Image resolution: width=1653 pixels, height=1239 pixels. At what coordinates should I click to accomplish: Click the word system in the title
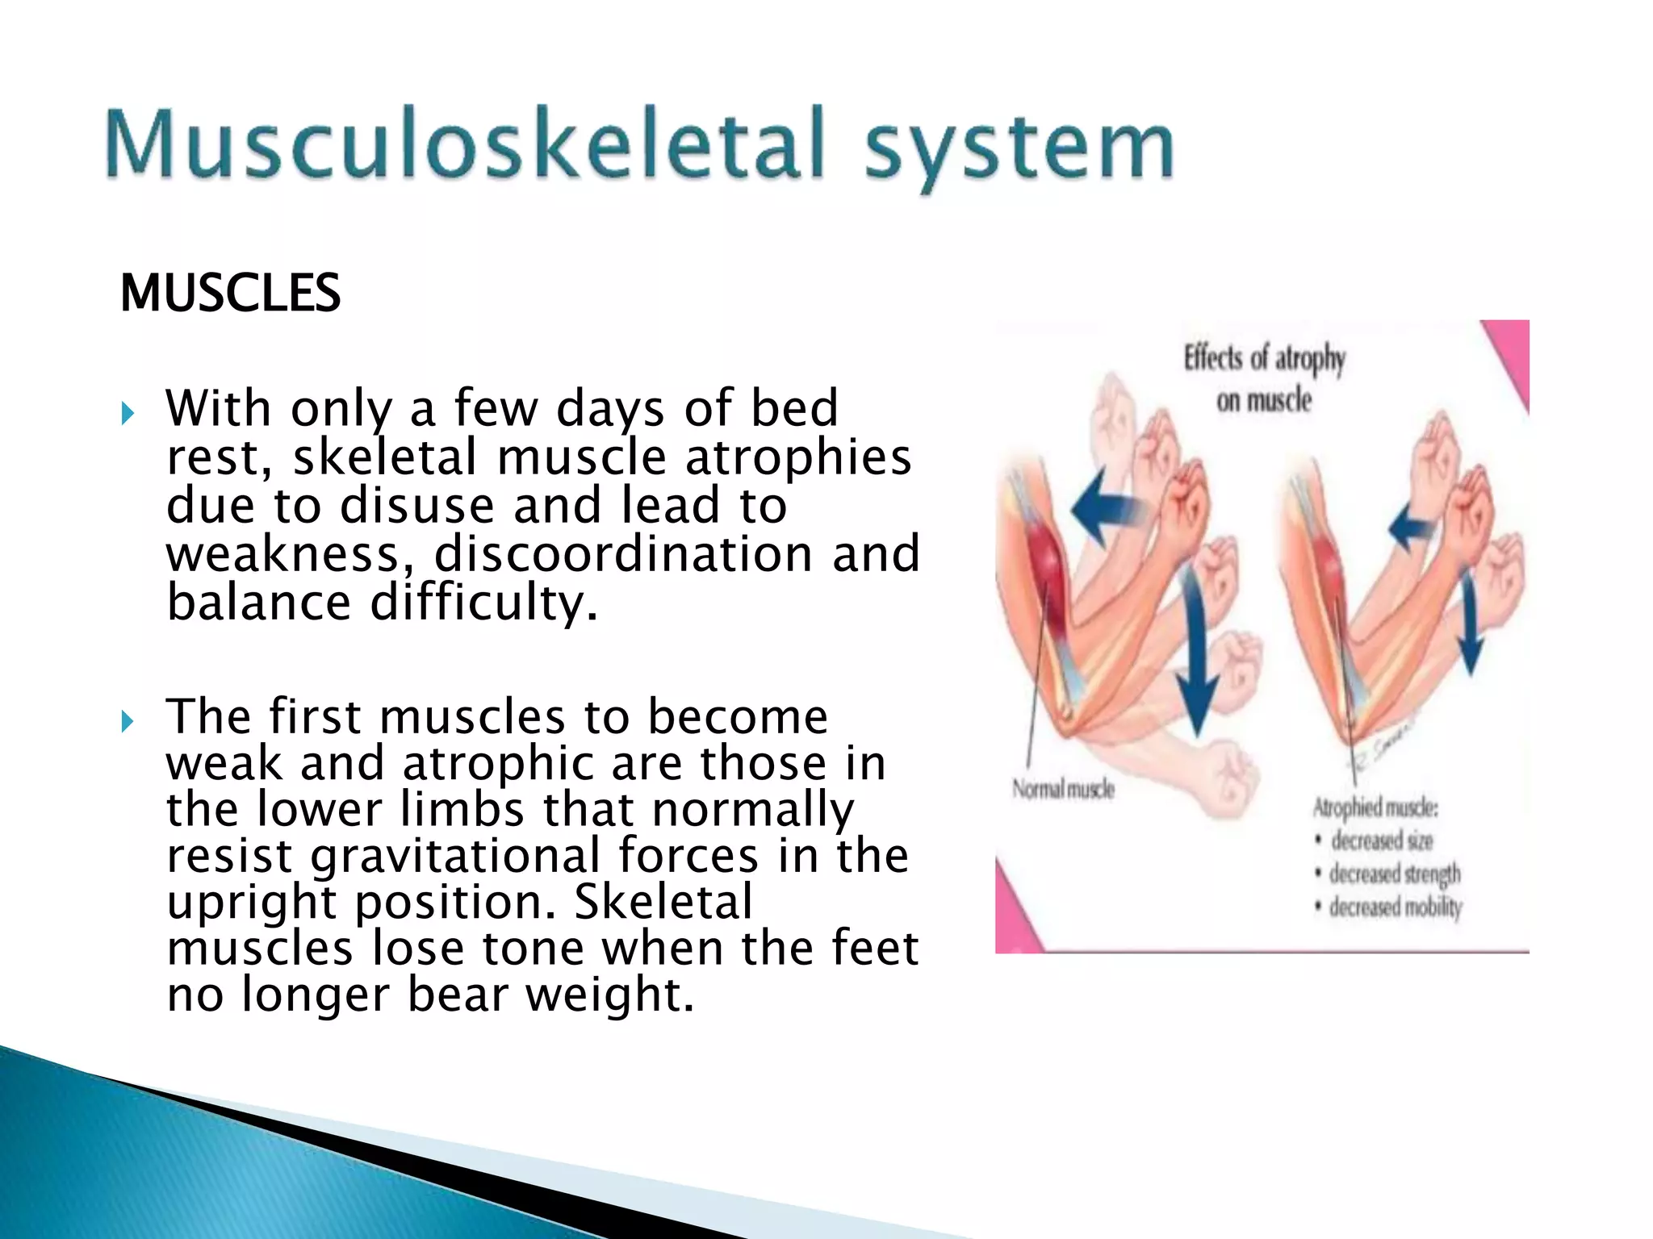1019,149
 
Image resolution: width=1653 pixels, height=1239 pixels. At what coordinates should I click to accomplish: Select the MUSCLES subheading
230,293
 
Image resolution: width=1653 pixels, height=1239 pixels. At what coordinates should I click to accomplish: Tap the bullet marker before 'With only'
128,415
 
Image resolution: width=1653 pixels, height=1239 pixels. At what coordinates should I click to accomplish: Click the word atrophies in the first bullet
798,457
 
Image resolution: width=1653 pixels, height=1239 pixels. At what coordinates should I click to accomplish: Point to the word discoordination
623,554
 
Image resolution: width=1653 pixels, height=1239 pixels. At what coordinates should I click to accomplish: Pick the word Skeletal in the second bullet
663,902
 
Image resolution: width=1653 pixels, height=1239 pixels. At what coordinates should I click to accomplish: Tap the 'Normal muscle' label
1063,789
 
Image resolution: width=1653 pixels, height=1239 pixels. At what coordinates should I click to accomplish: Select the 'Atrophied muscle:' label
1375,807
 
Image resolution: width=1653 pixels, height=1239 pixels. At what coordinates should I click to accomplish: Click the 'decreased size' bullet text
1381,841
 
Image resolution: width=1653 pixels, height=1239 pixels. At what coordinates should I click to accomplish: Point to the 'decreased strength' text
1394,874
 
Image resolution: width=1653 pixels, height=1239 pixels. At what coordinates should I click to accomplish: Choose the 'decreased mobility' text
1395,907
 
